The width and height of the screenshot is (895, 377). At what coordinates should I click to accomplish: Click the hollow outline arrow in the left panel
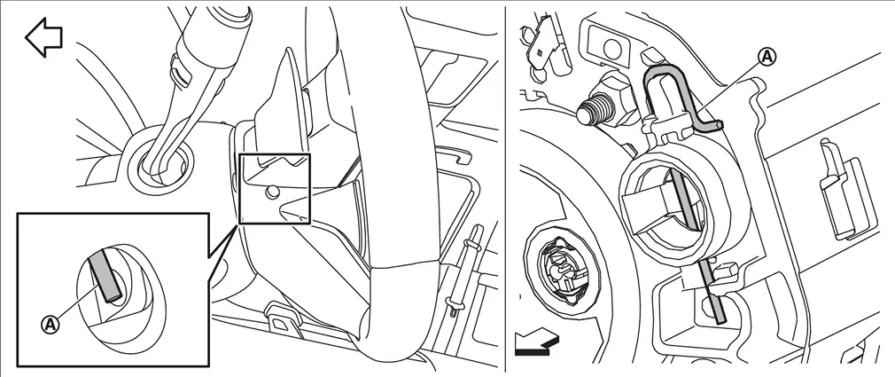coord(43,37)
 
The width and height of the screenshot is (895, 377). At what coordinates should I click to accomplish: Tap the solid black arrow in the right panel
coord(536,344)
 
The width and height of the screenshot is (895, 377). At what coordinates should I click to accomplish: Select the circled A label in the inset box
coord(51,325)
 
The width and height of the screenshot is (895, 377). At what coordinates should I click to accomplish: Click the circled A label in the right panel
coord(767,57)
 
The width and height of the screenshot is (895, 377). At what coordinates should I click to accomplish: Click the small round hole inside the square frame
coord(272,193)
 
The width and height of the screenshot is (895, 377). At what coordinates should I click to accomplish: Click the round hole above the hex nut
coord(612,49)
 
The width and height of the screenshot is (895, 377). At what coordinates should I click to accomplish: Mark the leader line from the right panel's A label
coord(732,85)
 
